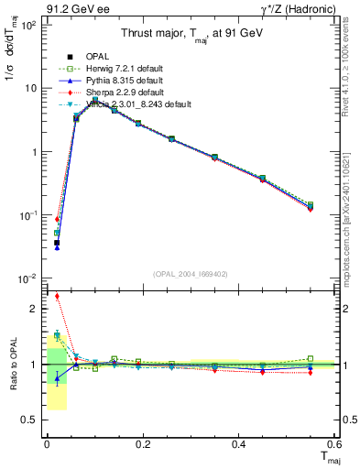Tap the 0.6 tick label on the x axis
tap(335, 444)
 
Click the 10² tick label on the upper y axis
tap(29, 25)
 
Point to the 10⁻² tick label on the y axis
tap(29, 278)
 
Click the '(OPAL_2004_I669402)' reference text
tap(191, 274)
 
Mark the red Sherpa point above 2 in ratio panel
tap(57, 296)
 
